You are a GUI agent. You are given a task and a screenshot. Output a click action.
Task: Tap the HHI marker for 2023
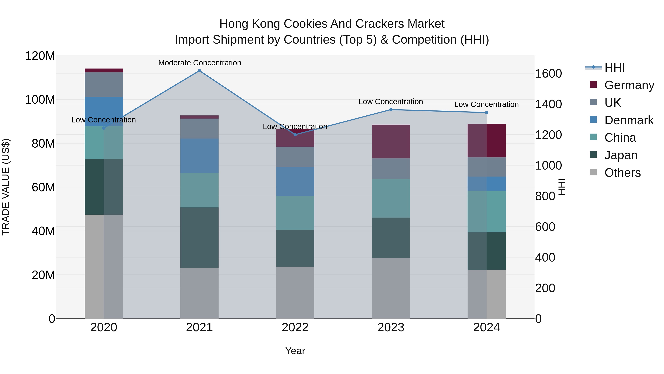tap(391, 110)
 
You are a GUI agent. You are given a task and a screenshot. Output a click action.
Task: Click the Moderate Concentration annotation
tap(200, 63)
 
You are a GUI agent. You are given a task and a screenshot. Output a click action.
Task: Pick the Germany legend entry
tap(629, 85)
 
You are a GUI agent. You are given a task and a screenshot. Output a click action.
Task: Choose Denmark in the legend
tap(629, 120)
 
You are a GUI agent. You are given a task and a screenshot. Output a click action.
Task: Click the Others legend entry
tap(622, 173)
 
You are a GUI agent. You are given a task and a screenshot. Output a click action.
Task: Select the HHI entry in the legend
tap(615, 68)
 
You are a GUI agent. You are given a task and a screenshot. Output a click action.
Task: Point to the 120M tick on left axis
tap(40, 56)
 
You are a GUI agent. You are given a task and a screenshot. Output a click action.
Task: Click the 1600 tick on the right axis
tap(549, 74)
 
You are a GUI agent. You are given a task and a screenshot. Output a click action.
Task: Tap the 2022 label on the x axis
tap(295, 327)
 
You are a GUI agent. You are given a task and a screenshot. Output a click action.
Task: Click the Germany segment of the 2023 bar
tap(391, 141)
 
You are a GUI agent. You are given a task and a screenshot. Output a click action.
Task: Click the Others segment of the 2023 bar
tap(391, 288)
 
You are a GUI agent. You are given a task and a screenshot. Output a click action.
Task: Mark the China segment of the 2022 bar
tap(295, 213)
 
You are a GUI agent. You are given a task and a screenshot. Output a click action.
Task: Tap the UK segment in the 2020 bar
tap(104, 85)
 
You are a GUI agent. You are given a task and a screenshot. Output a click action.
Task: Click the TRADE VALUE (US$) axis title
tap(6, 187)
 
